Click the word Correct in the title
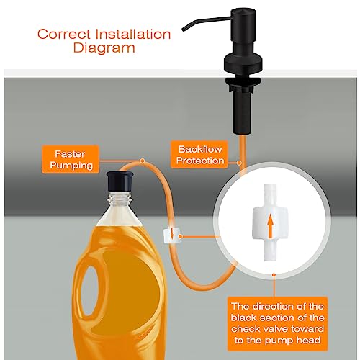coord(64,34)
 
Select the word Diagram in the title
coord(104,48)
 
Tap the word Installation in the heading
coord(133,34)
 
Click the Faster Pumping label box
coord(71,159)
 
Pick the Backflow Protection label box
coord(199,154)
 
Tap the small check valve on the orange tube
coord(171,235)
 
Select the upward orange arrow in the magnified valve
coord(271,225)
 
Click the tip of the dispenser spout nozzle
coord(184,30)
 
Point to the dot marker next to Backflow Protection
coord(239,163)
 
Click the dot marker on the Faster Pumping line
coord(143,161)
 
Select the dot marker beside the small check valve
coord(181,237)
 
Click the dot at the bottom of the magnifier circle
coord(274,275)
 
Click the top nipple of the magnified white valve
coord(270,195)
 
